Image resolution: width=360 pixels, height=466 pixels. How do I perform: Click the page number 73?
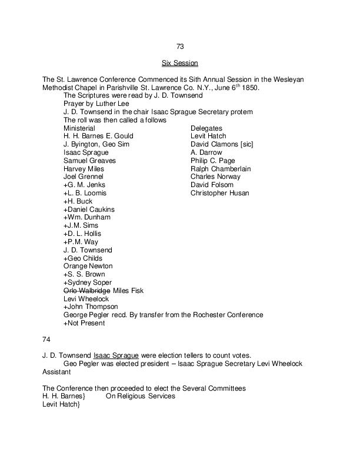coord(180,46)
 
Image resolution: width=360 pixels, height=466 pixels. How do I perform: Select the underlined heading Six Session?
coord(180,62)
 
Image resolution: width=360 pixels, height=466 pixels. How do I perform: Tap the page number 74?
coord(46,339)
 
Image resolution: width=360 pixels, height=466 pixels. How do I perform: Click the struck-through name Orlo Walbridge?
coord(86,291)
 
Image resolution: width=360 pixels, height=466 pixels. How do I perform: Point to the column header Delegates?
coord(206,128)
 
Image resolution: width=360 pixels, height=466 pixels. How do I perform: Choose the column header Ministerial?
coord(79,128)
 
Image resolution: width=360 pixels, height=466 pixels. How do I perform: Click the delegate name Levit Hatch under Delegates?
coord(208,136)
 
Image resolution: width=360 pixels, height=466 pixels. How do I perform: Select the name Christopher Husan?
coord(220,193)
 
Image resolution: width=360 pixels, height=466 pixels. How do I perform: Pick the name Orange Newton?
coord(88,266)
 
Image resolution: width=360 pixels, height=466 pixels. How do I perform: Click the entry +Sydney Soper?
coord(88,282)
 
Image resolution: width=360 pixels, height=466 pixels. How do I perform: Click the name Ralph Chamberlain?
coord(221,168)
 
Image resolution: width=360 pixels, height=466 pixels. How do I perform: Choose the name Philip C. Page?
coord(212,160)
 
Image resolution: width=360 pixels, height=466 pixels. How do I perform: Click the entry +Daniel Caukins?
coord(89,209)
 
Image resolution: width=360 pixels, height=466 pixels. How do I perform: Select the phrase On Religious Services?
coord(140,397)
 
